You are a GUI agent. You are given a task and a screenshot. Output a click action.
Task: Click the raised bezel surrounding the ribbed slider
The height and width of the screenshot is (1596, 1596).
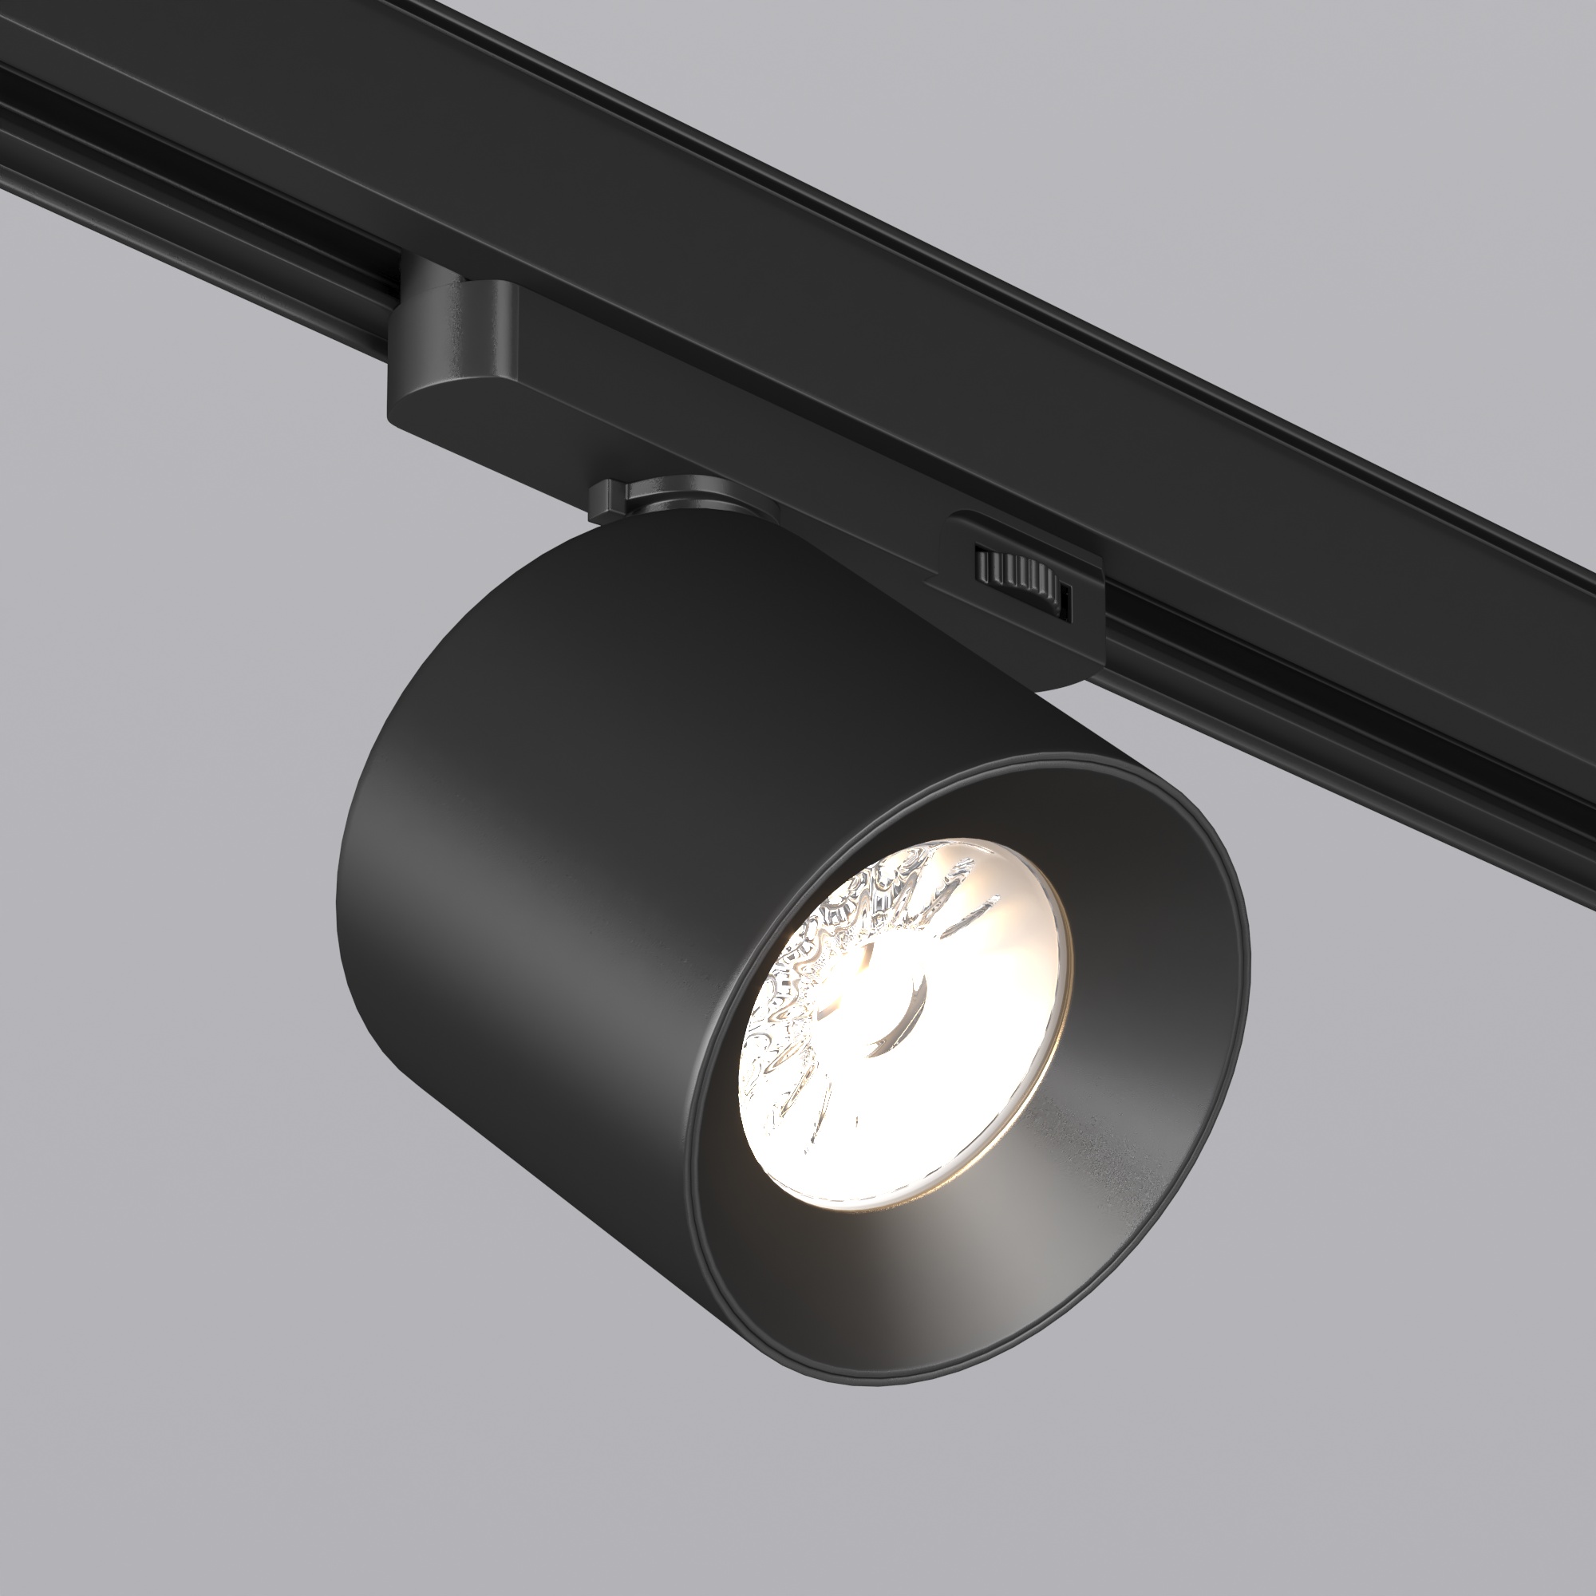click(x=1025, y=537)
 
